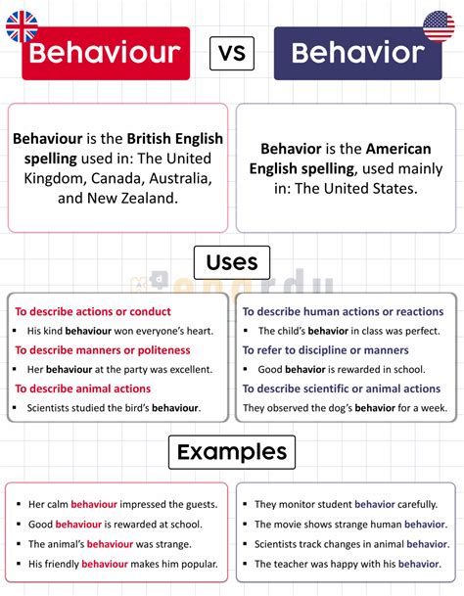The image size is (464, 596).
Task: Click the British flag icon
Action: (x=22, y=25)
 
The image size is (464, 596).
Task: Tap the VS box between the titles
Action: (x=232, y=52)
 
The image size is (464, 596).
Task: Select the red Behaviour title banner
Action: (x=106, y=53)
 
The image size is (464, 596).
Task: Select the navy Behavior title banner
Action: (x=357, y=53)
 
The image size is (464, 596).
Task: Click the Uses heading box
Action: (x=232, y=262)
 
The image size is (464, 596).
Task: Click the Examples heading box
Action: (x=232, y=452)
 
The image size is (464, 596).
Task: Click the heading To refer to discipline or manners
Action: (x=326, y=349)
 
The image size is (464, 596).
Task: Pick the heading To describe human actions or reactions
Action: (x=344, y=311)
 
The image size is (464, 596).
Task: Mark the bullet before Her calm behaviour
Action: (x=19, y=505)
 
